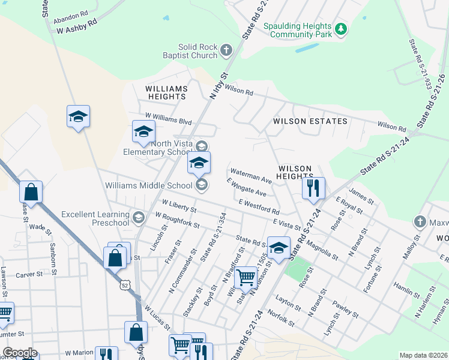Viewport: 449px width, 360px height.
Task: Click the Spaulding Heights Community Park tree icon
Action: click(x=341, y=28)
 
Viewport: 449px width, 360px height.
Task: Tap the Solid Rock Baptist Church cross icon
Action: click(x=226, y=50)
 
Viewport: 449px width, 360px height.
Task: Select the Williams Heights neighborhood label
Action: click(x=166, y=92)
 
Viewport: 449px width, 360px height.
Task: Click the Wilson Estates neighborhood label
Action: click(x=310, y=121)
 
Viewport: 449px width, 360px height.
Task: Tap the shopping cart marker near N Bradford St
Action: click(x=246, y=277)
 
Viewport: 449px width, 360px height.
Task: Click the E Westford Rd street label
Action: click(x=259, y=208)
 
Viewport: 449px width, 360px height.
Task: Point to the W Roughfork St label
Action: click(x=176, y=220)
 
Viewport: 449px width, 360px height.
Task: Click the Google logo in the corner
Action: click(x=20, y=353)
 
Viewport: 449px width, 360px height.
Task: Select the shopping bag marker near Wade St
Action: click(x=31, y=192)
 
